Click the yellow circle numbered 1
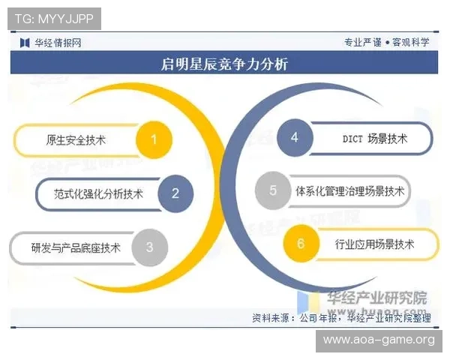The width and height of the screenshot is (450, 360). coord(154,139)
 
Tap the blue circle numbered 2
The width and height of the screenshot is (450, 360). coord(175,193)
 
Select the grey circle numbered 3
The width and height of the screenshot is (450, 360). coord(149,246)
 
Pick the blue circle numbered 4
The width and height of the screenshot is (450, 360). coord(295,137)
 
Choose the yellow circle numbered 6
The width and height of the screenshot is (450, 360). coord(301,244)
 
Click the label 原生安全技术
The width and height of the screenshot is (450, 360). coord(76,140)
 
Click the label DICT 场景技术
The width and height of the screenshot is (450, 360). coord(374,138)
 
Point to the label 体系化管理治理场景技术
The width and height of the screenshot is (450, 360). coord(349,191)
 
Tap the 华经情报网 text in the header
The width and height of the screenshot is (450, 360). coord(57,42)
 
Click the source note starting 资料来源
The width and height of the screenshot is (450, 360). coord(341,318)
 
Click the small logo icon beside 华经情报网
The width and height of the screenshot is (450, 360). coord(25,42)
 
